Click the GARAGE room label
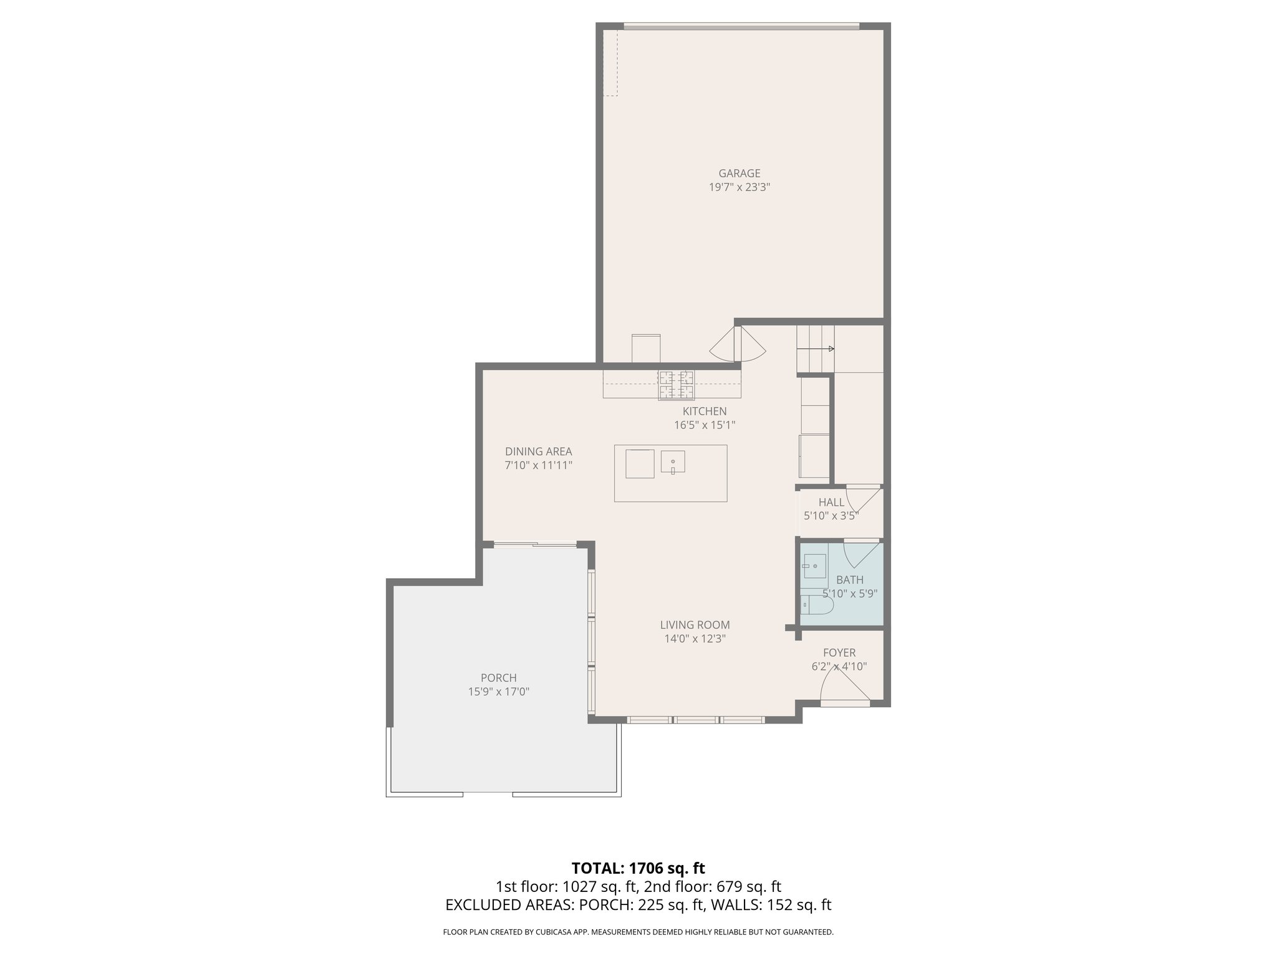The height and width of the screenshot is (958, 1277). pyautogui.click(x=739, y=173)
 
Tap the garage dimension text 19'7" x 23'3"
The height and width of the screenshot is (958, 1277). pyautogui.click(x=739, y=187)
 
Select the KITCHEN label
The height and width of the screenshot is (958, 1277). pyautogui.click(x=704, y=412)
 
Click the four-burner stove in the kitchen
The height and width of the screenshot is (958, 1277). pyautogui.click(x=677, y=385)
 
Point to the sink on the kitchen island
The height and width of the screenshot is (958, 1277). pyautogui.click(x=673, y=462)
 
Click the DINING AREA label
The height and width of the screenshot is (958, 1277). pyautogui.click(x=538, y=452)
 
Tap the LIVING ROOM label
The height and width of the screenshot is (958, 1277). pyautogui.click(x=695, y=625)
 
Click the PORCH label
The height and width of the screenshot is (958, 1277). pyautogui.click(x=498, y=678)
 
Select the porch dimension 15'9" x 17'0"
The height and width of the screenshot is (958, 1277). pyautogui.click(x=498, y=692)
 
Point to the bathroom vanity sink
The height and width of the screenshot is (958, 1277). pyautogui.click(x=814, y=566)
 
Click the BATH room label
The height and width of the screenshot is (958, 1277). pyautogui.click(x=849, y=580)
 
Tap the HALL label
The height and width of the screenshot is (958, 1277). pyautogui.click(x=831, y=502)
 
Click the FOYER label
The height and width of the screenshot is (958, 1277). pyautogui.click(x=839, y=653)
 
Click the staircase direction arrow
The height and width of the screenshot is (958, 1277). pyautogui.click(x=831, y=349)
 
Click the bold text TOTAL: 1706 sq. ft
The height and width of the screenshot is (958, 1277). pyautogui.click(x=638, y=868)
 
